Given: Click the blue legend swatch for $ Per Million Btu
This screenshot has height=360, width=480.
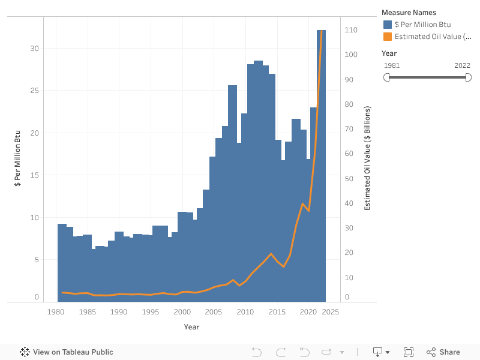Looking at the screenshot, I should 388,25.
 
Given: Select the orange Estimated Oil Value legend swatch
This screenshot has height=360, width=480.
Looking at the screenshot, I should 388,37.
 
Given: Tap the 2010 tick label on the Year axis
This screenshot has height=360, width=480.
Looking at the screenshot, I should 245,312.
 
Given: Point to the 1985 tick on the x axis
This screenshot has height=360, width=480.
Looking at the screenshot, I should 88,312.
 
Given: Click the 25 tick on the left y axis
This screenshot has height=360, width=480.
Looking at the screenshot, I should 34,91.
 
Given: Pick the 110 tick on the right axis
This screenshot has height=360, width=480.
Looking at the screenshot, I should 350,30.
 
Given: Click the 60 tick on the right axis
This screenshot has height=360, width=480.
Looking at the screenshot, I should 350,154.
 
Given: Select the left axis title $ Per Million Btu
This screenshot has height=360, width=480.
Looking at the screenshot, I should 17,158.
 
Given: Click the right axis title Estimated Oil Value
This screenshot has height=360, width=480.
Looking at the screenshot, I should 367,158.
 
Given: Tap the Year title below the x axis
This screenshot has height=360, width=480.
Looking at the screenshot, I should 191,327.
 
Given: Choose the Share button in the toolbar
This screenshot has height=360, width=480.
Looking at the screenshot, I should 443,352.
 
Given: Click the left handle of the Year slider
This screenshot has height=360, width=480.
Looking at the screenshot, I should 387,77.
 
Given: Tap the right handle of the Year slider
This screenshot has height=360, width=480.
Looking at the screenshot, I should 469,77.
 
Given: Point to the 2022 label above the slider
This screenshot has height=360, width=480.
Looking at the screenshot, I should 462,65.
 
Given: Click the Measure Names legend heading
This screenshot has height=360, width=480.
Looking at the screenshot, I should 409,13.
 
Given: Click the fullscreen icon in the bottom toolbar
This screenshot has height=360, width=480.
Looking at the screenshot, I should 409,352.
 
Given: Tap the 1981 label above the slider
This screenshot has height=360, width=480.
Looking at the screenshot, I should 392,65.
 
